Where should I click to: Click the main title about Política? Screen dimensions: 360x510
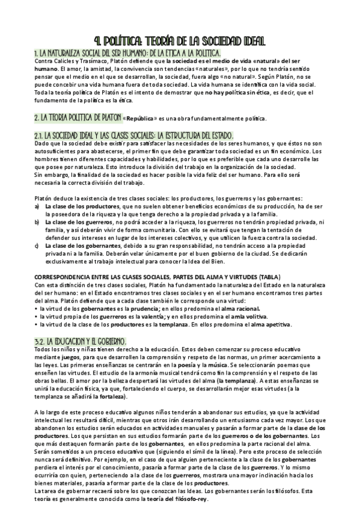pyautogui.click(x=180, y=40)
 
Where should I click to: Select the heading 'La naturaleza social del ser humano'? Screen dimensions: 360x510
pyautogui.click(x=120, y=52)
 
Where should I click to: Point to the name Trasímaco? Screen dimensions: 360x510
pyautogui.click(x=91, y=61)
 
